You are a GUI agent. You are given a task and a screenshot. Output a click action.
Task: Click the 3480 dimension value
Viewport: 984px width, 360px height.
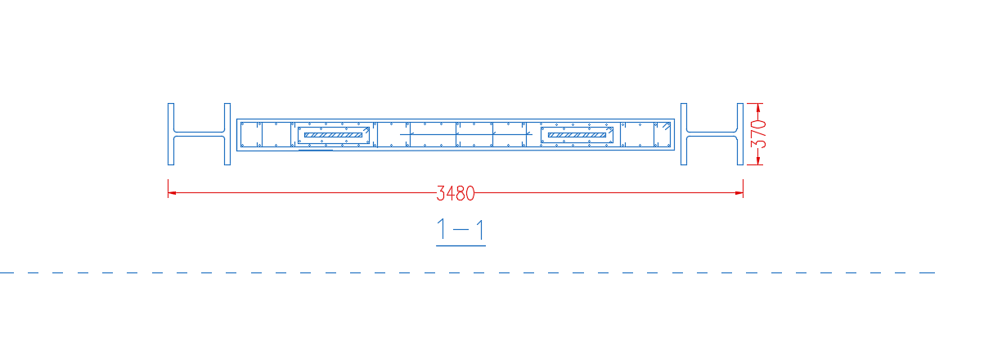(x=456, y=193)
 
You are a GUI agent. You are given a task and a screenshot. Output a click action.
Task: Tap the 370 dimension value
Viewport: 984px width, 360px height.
(x=758, y=134)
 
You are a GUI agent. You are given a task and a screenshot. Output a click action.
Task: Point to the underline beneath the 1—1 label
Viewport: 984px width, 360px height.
(x=461, y=245)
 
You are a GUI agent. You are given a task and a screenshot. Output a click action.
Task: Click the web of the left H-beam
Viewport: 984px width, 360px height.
(x=199, y=134)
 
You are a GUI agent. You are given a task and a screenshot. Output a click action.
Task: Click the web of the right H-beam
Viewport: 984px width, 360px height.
(x=712, y=134)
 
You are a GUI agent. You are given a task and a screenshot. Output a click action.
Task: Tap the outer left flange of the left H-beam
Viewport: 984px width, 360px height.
(x=171, y=134)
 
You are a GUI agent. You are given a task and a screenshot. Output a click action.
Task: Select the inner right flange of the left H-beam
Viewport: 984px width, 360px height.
(x=227, y=134)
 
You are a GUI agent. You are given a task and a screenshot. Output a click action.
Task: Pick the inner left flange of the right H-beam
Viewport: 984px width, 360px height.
(x=684, y=134)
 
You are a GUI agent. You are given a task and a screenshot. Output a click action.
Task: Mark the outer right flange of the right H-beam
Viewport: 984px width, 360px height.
(x=740, y=134)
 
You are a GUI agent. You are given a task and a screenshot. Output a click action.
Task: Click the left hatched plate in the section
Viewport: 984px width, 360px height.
(x=334, y=135)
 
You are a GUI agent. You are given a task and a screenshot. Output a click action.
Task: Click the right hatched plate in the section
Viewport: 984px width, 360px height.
(x=577, y=135)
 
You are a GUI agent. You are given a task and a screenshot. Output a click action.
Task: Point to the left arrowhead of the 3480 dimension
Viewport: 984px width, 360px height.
(x=172, y=192)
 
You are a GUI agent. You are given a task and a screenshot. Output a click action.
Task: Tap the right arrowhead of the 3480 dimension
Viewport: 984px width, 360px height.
(x=739, y=192)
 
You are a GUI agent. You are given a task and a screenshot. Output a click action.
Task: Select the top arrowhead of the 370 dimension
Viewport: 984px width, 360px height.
(x=758, y=107)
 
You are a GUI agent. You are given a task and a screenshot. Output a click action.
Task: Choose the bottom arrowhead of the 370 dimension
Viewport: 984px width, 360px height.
(x=758, y=161)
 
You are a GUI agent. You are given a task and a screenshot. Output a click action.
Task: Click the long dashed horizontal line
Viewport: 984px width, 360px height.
(x=467, y=272)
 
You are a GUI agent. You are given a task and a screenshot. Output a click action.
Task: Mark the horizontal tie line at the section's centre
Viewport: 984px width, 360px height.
(x=465, y=134)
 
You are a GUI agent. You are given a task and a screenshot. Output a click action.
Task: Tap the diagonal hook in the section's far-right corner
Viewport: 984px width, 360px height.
(x=667, y=127)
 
